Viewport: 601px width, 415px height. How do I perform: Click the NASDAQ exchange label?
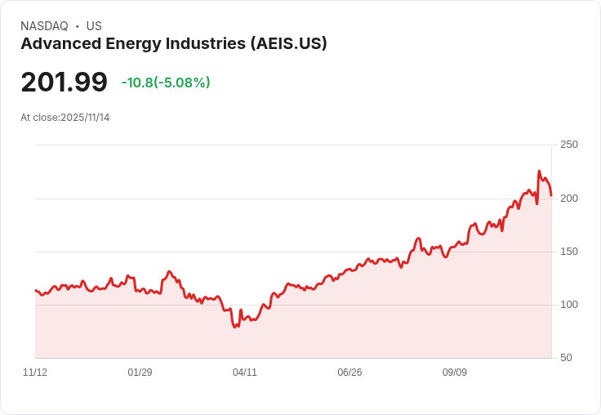44,26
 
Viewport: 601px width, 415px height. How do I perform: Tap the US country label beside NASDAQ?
94,26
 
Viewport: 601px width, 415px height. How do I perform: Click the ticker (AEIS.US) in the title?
288,44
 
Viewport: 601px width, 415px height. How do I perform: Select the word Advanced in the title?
56,44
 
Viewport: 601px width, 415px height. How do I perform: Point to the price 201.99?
64,83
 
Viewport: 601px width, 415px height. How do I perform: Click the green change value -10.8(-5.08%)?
166,83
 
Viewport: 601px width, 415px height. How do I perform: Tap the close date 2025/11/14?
85,118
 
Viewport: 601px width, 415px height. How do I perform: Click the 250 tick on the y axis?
568,145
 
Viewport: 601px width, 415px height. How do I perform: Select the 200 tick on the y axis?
568,199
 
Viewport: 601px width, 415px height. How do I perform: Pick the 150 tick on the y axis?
568,252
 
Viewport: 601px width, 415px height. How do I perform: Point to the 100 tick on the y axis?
568,305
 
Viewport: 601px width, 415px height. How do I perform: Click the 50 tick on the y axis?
566,358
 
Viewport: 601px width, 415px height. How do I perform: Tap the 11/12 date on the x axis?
35,373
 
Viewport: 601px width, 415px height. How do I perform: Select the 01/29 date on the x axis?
140,373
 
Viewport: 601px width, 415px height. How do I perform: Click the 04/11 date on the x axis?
245,373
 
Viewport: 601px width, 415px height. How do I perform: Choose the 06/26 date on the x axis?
349,373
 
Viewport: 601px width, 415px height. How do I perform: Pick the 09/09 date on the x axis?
455,373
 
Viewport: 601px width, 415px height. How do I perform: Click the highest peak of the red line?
539,172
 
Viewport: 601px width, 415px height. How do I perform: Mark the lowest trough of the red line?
235,327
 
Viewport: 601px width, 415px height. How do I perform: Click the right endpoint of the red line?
551,196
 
